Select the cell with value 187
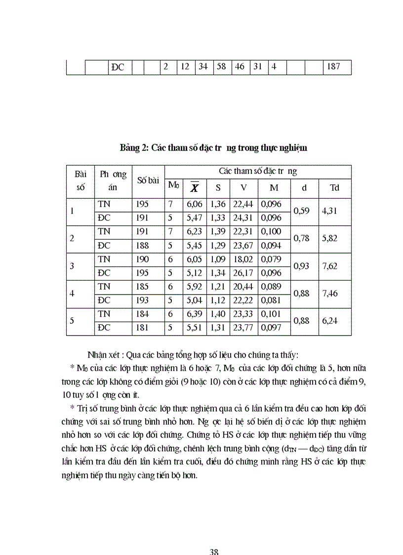(x=333, y=66)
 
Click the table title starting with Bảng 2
(x=213, y=148)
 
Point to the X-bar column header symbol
(x=194, y=188)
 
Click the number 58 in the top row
(x=221, y=66)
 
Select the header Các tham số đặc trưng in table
(x=258, y=171)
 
